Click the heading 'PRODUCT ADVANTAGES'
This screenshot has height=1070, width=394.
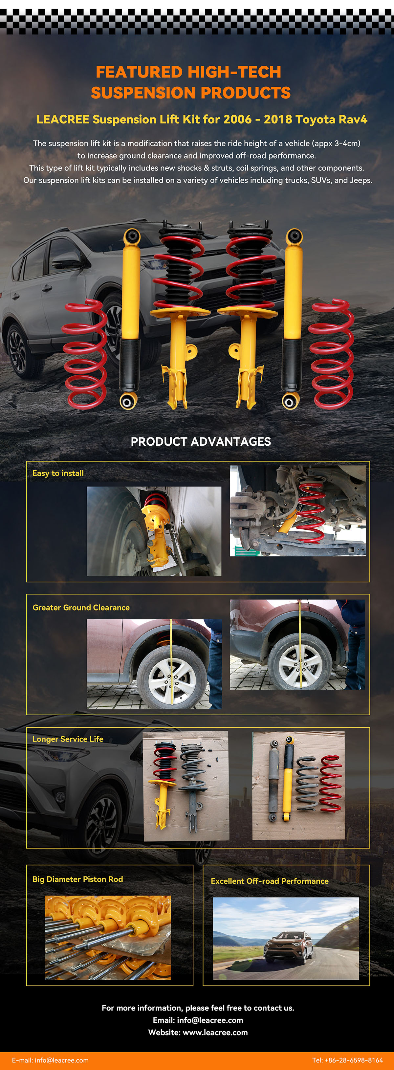point(201,441)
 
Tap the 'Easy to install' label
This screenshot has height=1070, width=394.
point(58,473)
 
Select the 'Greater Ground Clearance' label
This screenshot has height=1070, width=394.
point(81,607)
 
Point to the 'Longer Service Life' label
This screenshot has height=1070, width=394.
point(68,739)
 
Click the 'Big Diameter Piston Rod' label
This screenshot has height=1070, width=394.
point(77,879)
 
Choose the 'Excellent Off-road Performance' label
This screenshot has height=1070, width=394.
point(270,881)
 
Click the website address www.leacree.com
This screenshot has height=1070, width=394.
point(215,1032)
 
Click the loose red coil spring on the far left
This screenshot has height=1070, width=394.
point(85,354)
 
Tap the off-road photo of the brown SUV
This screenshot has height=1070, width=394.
point(286,938)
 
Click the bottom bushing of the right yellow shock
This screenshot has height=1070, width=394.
point(290,401)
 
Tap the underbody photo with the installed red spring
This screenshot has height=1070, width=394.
point(298,510)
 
